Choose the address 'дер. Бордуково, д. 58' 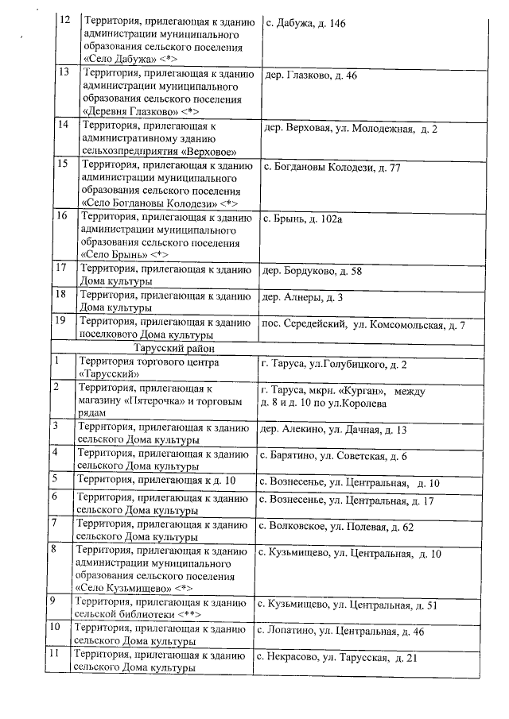click(312, 271)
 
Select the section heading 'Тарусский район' click(169, 348)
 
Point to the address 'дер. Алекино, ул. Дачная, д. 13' click(334, 430)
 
